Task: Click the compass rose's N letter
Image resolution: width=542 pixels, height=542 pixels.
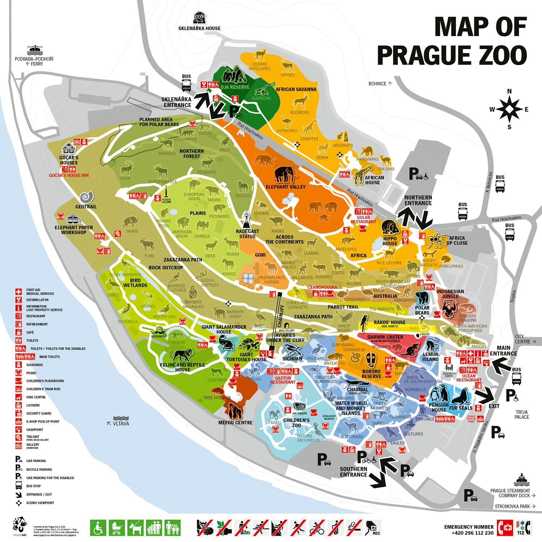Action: pos(509,91)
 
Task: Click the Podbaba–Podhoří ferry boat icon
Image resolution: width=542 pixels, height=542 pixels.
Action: pos(34,50)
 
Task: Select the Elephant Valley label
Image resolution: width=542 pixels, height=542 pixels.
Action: pos(285,187)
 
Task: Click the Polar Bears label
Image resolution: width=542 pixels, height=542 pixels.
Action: pos(422,310)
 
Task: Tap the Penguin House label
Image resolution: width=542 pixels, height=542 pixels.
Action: pos(439,407)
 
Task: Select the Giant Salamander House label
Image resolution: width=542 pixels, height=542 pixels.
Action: pos(224,329)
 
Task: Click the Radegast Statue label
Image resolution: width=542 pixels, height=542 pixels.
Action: pos(248,234)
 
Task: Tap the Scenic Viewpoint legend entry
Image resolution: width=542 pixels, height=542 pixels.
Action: pos(40,503)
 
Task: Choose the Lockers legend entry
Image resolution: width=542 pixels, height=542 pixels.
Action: pos(33,405)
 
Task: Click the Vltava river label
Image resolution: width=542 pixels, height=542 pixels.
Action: pos(121,423)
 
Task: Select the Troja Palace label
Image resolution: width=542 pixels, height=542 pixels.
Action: pos(521,414)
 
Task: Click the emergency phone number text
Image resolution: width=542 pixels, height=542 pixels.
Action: pos(472,533)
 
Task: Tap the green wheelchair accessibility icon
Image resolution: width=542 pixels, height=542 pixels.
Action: pos(98,528)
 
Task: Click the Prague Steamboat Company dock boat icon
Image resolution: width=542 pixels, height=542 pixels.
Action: pos(521,481)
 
